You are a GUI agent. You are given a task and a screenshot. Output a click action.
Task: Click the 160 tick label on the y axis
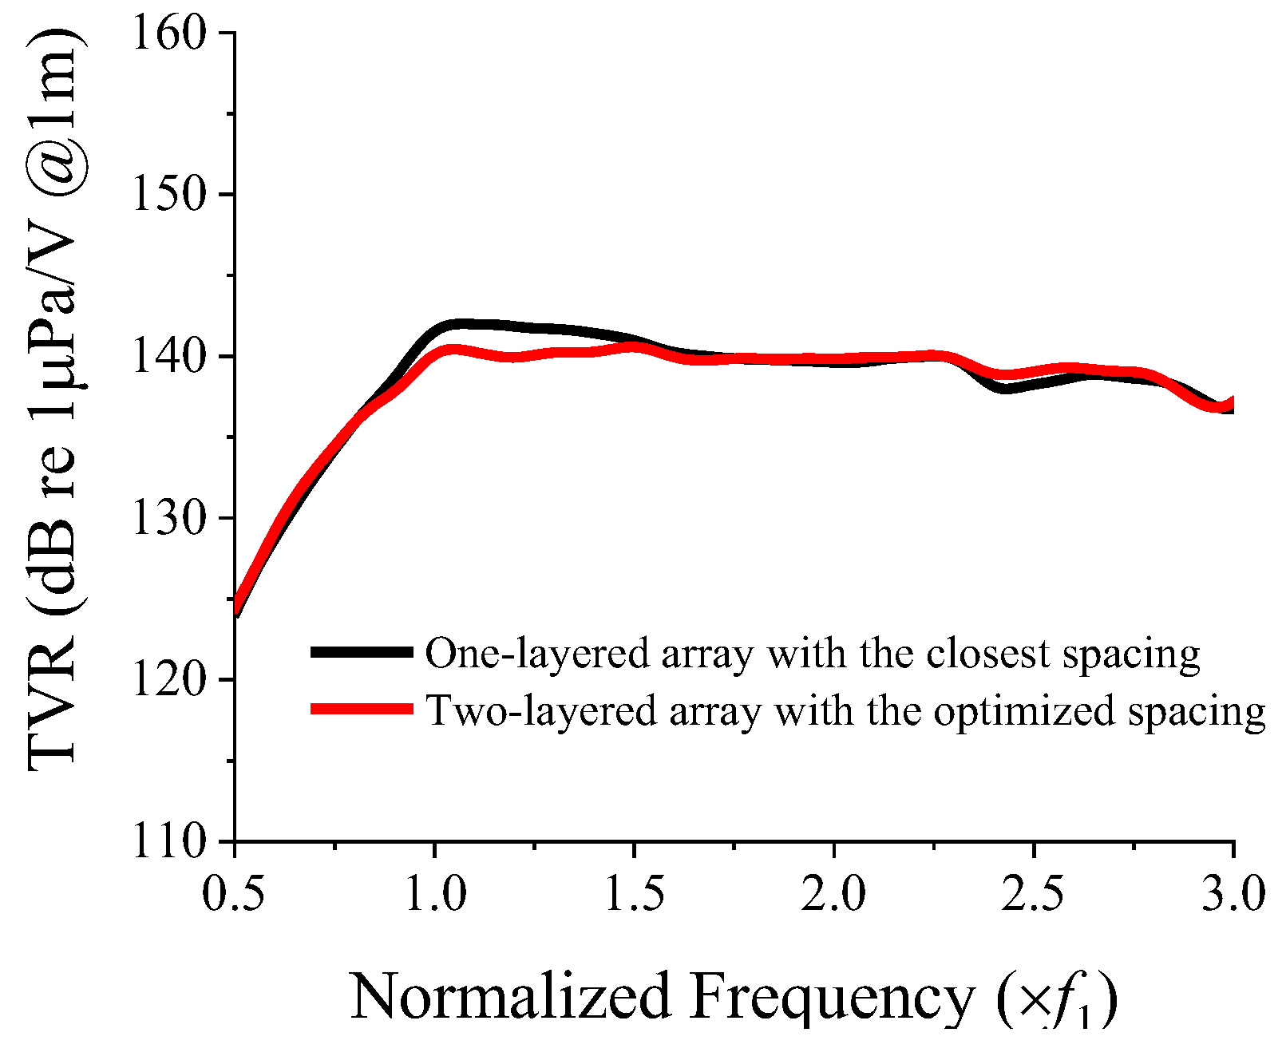click(168, 34)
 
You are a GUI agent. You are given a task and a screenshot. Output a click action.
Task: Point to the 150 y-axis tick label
click(168, 195)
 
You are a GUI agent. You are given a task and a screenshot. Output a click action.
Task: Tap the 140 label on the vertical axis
click(168, 356)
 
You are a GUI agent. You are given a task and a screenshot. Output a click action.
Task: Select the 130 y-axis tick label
click(168, 518)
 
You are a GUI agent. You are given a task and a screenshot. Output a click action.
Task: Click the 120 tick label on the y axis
click(168, 679)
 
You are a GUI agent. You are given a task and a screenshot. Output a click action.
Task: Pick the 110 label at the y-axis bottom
click(168, 841)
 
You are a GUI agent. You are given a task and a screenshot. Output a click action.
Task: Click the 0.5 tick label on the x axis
click(234, 892)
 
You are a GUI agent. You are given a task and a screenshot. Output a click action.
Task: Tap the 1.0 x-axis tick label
click(434, 892)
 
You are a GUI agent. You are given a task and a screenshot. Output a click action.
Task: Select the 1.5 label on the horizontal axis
click(634, 892)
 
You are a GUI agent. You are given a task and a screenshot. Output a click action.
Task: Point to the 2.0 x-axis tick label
click(833, 892)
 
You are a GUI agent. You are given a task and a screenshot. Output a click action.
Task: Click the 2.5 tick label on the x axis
click(1033, 892)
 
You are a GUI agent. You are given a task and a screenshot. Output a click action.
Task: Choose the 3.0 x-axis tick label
click(1233, 892)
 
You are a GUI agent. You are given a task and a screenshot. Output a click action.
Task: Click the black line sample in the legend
click(361, 652)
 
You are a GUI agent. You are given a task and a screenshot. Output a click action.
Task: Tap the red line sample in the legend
click(361, 709)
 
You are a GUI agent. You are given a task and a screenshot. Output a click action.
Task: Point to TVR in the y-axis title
click(51, 702)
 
